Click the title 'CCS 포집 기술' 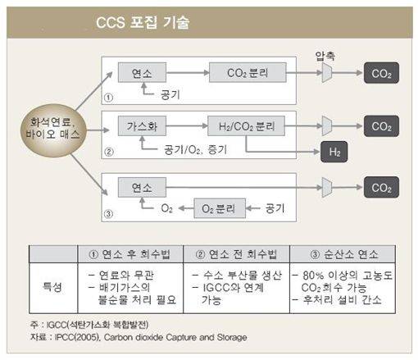(x=143, y=22)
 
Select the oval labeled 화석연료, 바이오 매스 (x=53, y=130)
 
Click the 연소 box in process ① (x=142, y=73)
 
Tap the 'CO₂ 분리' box (x=248, y=73)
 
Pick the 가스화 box (x=142, y=126)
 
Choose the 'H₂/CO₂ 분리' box (x=247, y=126)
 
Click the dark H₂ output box (x=334, y=152)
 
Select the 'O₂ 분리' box (x=220, y=208)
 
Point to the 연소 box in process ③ (x=142, y=188)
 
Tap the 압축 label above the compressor (x=325, y=56)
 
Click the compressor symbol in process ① (x=327, y=73)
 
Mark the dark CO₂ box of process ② (x=381, y=126)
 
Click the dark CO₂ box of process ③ (x=381, y=188)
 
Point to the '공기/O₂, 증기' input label (x=195, y=150)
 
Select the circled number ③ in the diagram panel (x=108, y=214)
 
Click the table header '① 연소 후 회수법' (x=129, y=254)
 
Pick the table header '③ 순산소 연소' (x=344, y=254)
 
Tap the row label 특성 (x=52, y=287)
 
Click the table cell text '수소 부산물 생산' (x=243, y=276)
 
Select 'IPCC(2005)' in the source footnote (x=77, y=337)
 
